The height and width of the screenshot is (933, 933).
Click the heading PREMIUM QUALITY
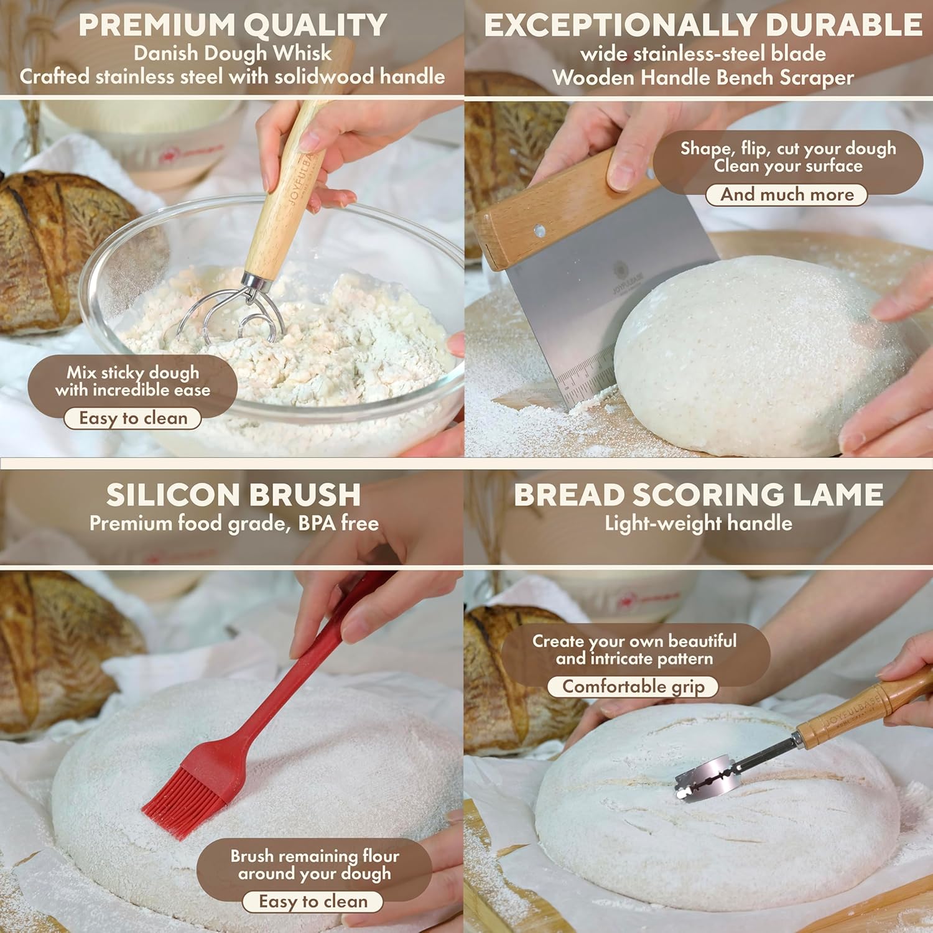coord(233,26)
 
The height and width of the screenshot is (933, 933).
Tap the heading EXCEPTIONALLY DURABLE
coord(703,26)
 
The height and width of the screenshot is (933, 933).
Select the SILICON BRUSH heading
coord(233,495)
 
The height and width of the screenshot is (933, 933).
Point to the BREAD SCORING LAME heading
coord(699,495)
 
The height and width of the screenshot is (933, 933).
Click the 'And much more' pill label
coord(787,195)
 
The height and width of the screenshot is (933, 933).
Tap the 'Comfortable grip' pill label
coord(633,687)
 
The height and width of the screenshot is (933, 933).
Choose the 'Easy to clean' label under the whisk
coord(133,419)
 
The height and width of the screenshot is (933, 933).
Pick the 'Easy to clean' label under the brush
coord(313,902)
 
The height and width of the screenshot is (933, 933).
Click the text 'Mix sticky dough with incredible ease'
coord(132,381)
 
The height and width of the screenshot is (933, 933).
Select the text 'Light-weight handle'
coord(699,523)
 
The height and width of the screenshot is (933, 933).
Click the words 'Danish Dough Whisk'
coord(233,53)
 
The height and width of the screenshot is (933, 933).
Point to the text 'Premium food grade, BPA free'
coord(234,524)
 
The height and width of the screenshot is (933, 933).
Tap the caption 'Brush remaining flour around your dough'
coord(315,865)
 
